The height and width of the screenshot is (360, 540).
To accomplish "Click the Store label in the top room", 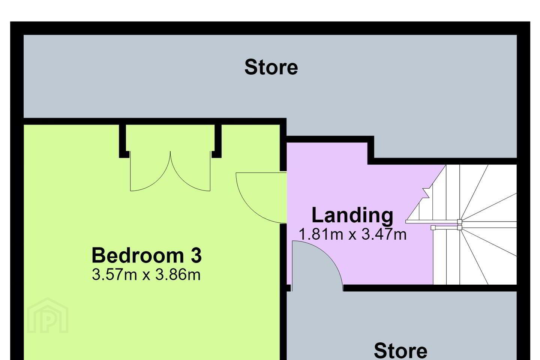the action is (x=271, y=67).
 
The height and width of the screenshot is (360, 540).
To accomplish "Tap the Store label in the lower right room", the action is (x=400, y=351).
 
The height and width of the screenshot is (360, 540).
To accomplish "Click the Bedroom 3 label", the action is (x=147, y=255).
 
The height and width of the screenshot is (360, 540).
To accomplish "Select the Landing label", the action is (x=352, y=216).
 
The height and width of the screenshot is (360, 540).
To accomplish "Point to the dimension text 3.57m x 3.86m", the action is (x=146, y=275).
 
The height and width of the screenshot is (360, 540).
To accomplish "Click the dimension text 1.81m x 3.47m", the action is (x=352, y=234).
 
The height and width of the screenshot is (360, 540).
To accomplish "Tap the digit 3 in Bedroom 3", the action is (x=196, y=255).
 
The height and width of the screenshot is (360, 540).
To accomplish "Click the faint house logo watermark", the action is (x=48, y=315).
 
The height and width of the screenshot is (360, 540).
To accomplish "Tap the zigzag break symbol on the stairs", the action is (x=426, y=193).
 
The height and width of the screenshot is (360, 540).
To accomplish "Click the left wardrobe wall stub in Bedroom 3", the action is (x=123, y=141).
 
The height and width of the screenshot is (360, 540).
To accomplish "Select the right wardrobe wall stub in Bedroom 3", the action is (x=217, y=141).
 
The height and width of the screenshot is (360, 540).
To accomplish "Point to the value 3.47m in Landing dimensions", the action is (x=384, y=234).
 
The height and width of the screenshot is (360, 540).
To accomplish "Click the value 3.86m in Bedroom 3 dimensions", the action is (x=178, y=275).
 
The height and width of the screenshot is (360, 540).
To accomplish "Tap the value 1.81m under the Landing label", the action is (x=321, y=234).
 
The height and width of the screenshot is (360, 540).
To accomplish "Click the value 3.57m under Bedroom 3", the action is (x=114, y=275).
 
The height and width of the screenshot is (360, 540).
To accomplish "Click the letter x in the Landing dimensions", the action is (x=352, y=235).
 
